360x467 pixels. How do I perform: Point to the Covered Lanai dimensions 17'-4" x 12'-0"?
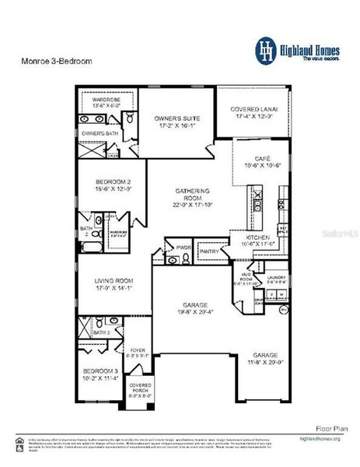tap(254, 115)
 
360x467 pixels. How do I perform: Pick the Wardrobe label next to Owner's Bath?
tap(107, 100)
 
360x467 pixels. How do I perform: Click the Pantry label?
tap(208, 251)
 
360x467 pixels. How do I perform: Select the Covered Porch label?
tap(140, 387)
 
